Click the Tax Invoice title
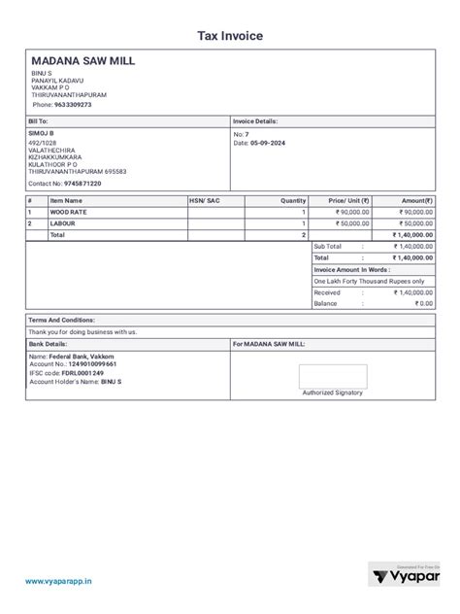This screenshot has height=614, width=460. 230,36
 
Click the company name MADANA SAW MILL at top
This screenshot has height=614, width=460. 83,61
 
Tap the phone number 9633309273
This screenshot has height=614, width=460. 73,104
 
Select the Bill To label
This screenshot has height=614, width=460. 39,121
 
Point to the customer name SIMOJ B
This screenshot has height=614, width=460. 42,132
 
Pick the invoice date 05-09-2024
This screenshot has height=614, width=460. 267,143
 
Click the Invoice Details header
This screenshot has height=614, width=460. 255,121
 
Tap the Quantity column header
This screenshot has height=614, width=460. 293,199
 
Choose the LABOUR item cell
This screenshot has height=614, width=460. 63,222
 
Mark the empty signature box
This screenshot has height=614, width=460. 332,376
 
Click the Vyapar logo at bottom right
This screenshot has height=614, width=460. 406,577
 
